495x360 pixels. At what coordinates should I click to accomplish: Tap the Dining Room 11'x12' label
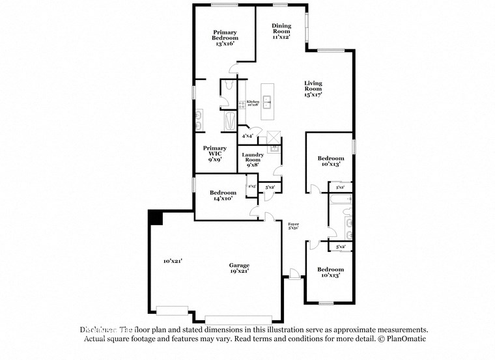click(x=281, y=32)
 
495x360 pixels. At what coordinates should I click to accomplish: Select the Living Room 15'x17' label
click(x=313, y=89)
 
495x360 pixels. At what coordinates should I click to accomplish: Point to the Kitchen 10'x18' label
click(x=253, y=103)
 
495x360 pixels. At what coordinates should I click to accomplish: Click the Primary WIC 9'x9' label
click(x=214, y=154)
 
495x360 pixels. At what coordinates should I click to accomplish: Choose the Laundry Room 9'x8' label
click(x=253, y=159)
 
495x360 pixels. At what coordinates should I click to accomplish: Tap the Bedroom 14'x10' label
click(x=223, y=195)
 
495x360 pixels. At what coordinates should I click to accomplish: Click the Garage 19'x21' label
click(x=239, y=268)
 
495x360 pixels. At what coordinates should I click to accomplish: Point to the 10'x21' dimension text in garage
click(x=173, y=261)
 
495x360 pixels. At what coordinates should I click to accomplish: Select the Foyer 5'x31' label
click(x=293, y=226)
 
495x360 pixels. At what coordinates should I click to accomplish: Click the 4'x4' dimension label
click(x=247, y=136)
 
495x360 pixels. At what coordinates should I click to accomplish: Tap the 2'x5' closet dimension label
click(x=252, y=187)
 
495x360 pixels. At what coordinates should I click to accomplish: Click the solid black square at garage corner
click(x=155, y=217)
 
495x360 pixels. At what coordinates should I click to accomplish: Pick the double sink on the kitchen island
click(x=266, y=102)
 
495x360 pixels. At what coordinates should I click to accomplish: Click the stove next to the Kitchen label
click(x=241, y=103)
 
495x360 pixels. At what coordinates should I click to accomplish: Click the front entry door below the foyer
click(x=294, y=276)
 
